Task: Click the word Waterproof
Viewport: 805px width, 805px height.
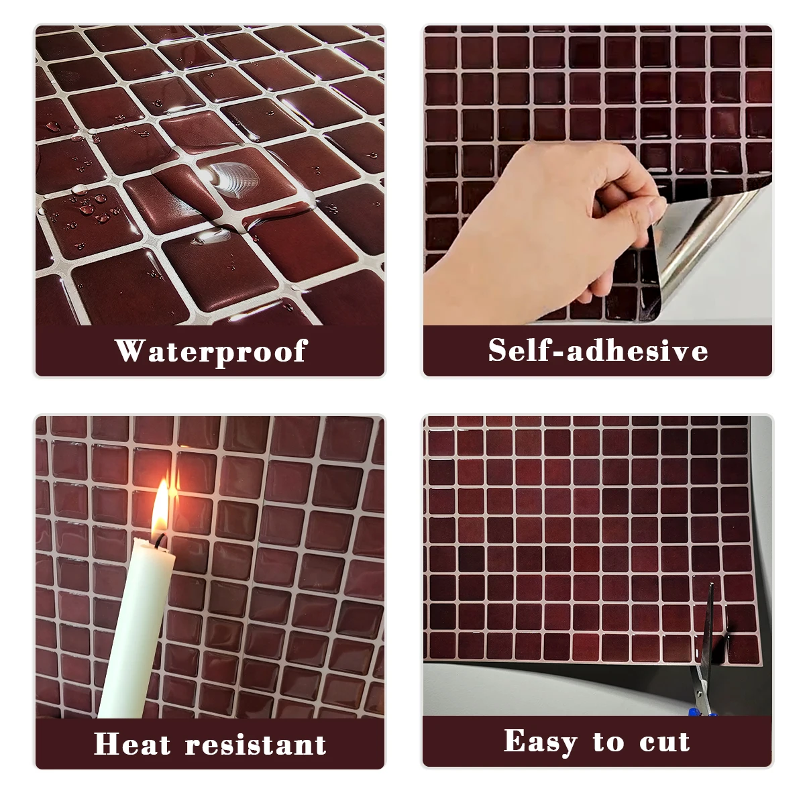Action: [211, 352]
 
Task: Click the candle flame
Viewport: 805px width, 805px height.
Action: [160, 508]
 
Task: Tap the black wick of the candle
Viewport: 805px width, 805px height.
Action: [159, 541]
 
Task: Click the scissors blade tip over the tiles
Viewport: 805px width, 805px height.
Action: [712, 584]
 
